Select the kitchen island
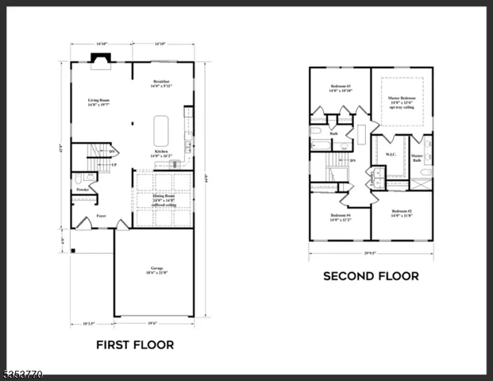161,125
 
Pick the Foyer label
102,215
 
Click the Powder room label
82,190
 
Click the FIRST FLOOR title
135,345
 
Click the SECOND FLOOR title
371,276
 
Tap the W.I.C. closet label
391,154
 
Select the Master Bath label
417,158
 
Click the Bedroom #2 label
402,214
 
